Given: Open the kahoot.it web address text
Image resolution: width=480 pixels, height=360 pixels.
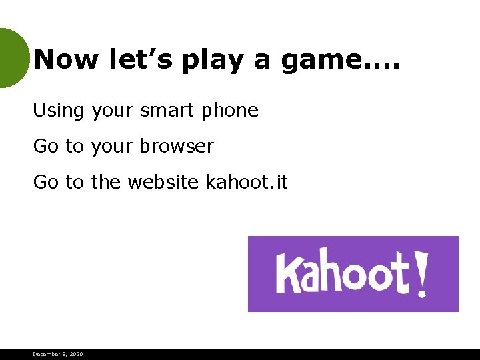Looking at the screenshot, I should (x=247, y=181).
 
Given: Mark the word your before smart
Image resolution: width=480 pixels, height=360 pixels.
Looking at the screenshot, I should (x=113, y=111).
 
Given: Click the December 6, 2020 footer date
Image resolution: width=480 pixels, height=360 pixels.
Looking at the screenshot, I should (x=58, y=354).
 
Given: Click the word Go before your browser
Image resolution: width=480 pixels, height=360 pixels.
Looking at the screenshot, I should (x=46, y=146).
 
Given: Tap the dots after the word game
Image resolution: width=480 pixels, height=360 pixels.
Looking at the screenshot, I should (x=382, y=67).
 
